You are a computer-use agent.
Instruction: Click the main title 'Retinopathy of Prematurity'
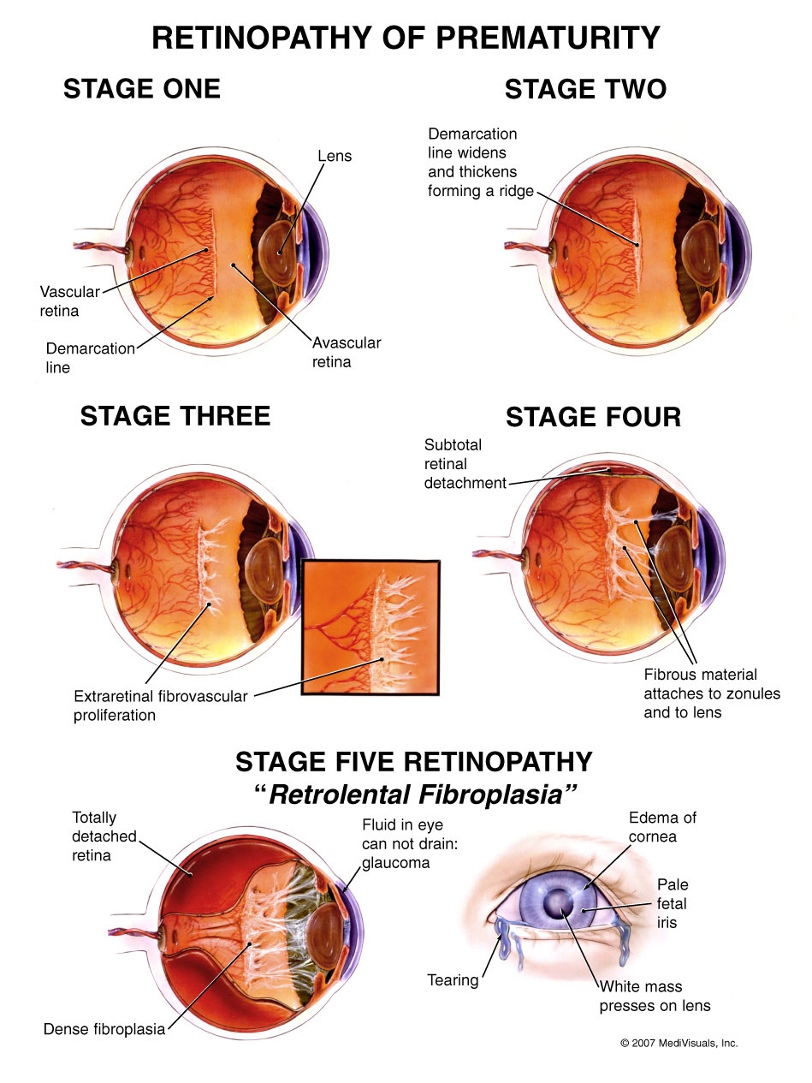[406, 38]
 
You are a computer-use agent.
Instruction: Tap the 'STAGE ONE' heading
[142, 89]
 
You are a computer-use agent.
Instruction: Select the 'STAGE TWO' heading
[586, 89]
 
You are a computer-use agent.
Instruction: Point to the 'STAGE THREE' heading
[175, 416]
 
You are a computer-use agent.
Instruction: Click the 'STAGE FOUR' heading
[594, 417]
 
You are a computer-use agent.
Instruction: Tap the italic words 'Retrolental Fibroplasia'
[416, 794]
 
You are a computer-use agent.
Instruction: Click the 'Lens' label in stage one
[335, 156]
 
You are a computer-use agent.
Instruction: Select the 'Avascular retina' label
[346, 352]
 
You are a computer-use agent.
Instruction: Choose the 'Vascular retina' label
[69, 301]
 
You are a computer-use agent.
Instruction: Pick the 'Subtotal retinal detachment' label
[465, 464]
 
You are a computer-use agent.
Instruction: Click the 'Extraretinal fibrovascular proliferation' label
[160, 705]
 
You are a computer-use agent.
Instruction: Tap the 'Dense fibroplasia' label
[104, 1029]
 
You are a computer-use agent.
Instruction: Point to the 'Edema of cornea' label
[662, 827]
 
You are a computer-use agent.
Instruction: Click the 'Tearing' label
[453, 980]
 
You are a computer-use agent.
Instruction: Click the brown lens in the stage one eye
[277, 253]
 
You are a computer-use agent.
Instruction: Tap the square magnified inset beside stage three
[370, 627]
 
